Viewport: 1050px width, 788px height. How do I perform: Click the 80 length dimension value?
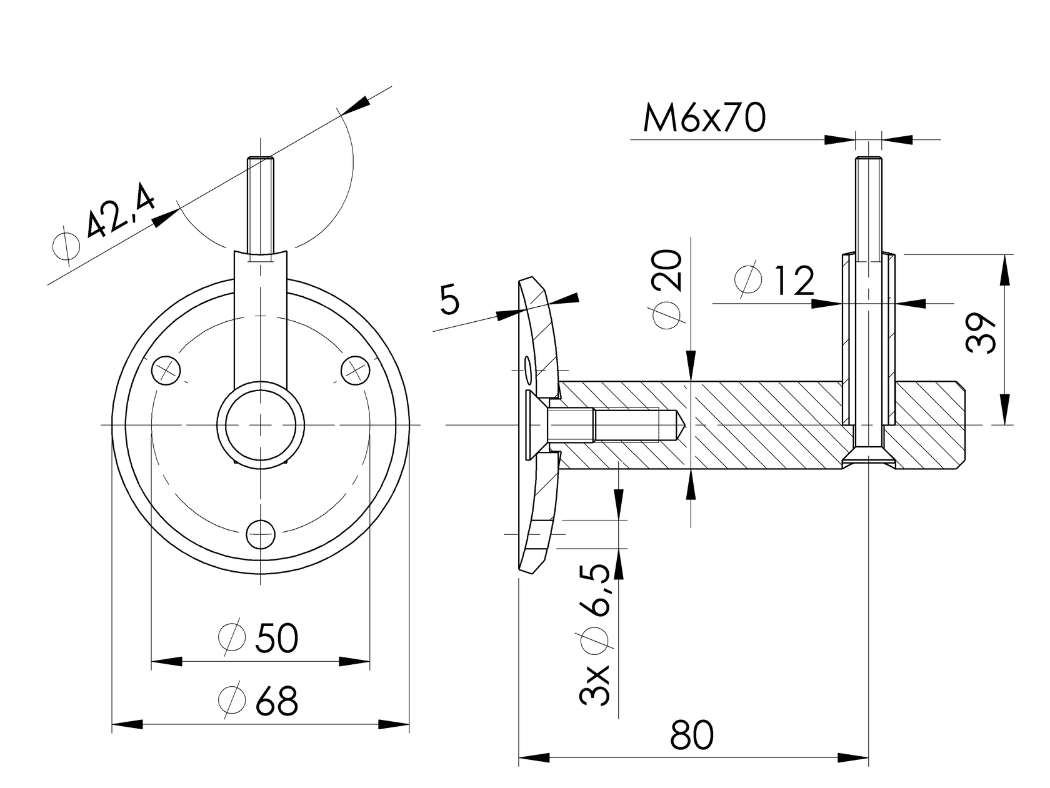[x=692, y=735]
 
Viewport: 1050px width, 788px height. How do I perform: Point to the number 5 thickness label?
[x=449, y=301]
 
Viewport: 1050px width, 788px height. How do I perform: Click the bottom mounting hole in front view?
[x=261, y=533]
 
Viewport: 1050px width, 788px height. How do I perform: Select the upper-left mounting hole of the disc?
[x=167, y=370]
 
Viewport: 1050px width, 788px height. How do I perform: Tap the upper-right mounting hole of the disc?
[x=354, y=369]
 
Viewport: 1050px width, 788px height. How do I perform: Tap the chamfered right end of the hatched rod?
[x=962, y=425]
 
